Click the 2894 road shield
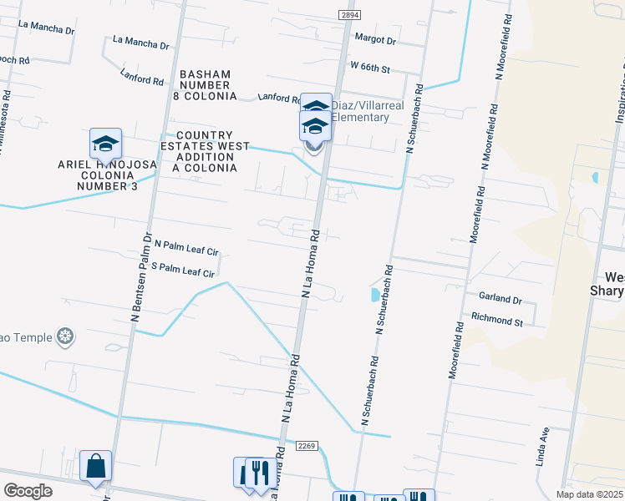point(350,15)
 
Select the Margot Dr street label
point(375,39)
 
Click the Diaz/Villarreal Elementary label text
point(360,111)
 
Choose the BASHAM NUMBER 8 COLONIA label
point(204,85)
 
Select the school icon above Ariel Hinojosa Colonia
point(105,144)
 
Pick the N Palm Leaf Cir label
point(186,250)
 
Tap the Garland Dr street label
point(501,299)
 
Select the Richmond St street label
point(497,319)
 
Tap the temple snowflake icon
point(65,337)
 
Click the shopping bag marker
point(96,466)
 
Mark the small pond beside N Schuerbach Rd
point(373,294)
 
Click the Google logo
point(28,491)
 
